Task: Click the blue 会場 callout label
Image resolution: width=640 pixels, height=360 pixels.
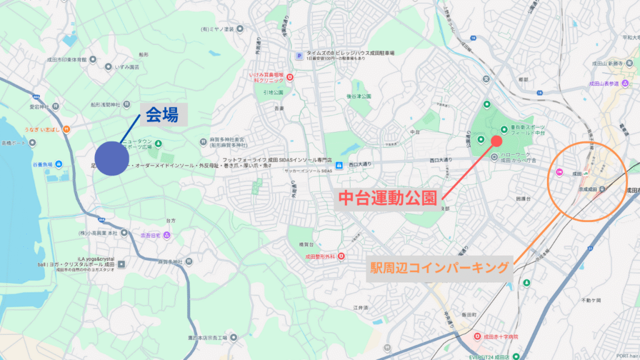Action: pyautogui.click(x=162, y=114)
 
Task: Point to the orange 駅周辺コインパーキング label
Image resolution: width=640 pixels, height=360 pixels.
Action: pyautogui.click(x=440, y=268)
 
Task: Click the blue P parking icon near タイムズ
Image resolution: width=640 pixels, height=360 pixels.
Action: pyautogui.click(x=299, y=56)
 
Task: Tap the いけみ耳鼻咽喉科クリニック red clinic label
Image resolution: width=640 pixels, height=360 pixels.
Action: pyautogui.click(x=267, y=77)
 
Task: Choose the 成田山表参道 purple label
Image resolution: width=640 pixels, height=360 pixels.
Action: pyautogui.click(x=604, y=83)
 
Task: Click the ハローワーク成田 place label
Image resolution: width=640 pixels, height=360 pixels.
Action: pyautogui.click(x=518, y=157)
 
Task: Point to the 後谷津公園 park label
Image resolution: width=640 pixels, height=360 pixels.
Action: pyautogui.click(x=359, y=96)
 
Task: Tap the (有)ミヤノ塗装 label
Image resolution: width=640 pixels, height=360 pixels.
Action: pyautogui.click(x=216, y=29)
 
